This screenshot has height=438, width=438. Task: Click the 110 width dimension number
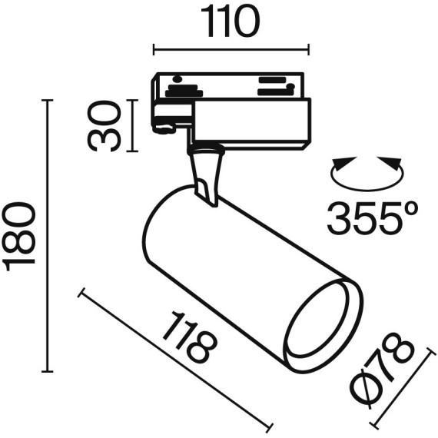click(231, 23)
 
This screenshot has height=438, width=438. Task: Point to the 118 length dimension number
click(188, 338)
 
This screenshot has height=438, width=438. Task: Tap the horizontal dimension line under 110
click(231, 51)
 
